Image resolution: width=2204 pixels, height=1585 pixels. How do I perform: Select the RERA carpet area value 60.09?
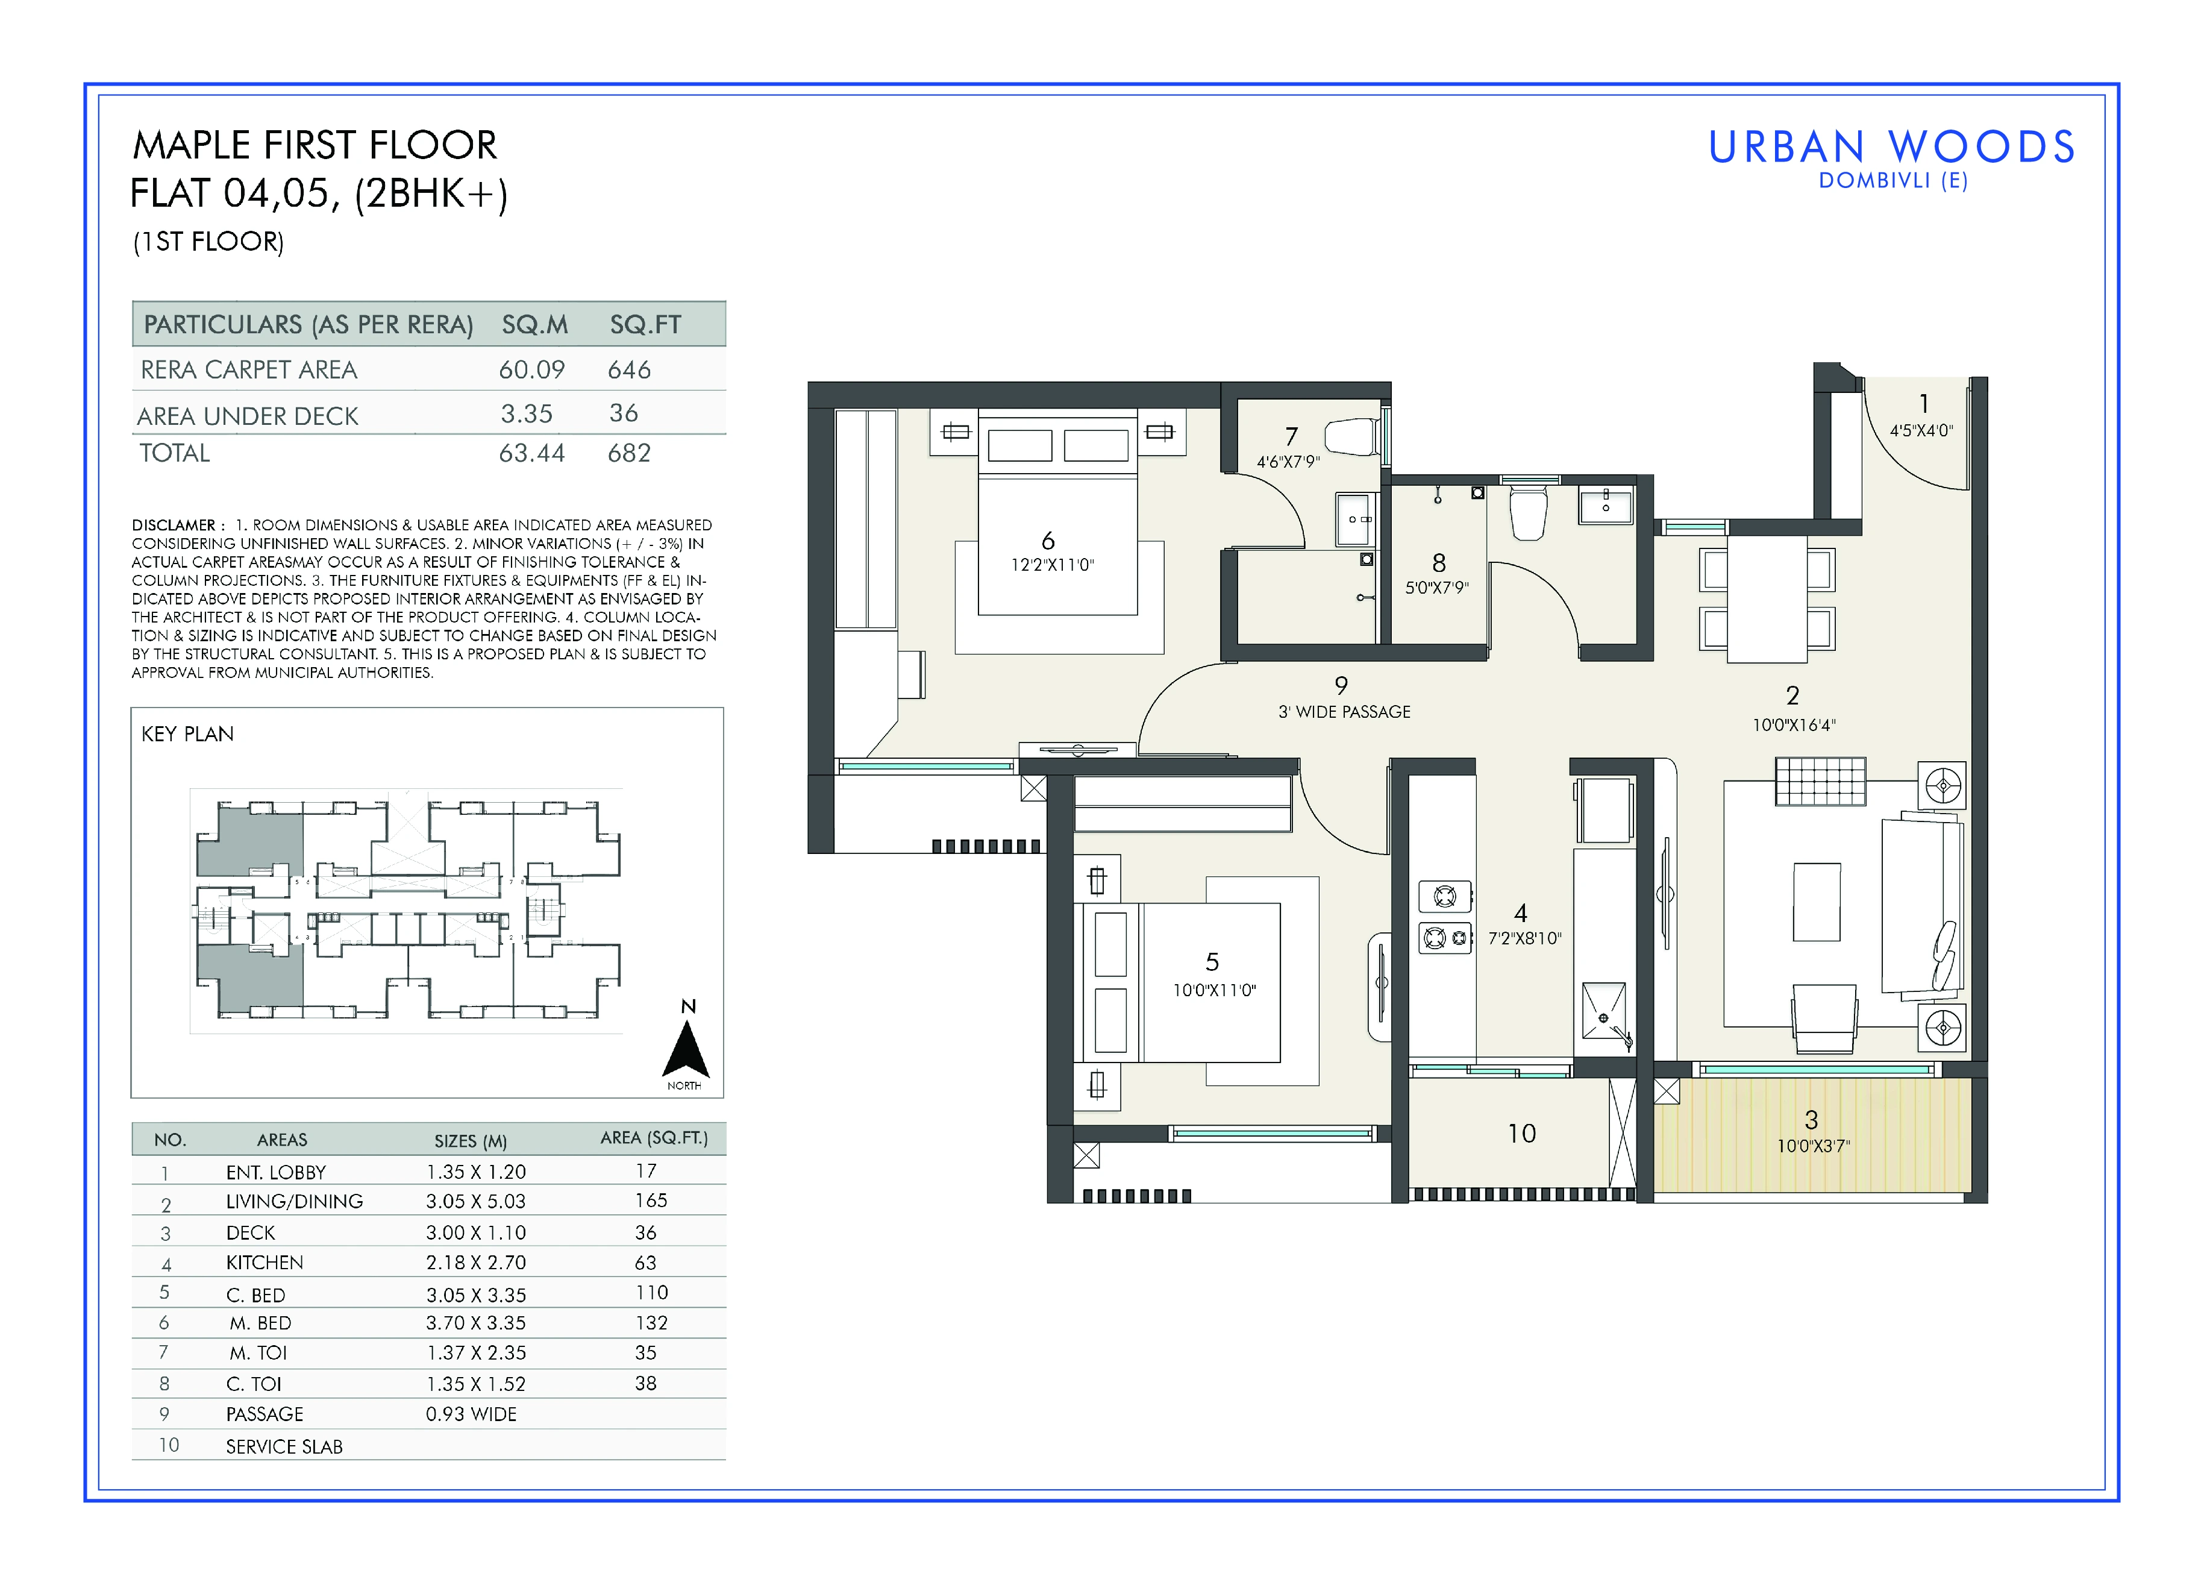(531, 370)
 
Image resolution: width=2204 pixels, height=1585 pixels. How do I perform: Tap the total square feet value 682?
(629, 453)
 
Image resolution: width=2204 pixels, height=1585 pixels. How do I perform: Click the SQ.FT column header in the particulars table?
(645, 325)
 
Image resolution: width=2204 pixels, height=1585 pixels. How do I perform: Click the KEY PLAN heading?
(187, 733)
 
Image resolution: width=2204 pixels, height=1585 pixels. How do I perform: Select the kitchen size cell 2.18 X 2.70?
(475, 1263)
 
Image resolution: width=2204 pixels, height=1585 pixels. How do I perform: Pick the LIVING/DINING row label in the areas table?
(295, 1201)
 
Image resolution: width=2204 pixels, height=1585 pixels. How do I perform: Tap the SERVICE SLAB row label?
(285, 1446)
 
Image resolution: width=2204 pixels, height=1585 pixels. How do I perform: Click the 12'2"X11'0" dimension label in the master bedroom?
(1053, 565)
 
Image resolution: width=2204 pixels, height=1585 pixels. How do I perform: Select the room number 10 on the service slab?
(1522, 1133)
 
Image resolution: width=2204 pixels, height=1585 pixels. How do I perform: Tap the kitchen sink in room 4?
(1603, 1011)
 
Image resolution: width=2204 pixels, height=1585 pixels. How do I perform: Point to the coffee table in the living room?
(1816, 902)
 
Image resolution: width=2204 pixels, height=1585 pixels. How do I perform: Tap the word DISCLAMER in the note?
(174, 525)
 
